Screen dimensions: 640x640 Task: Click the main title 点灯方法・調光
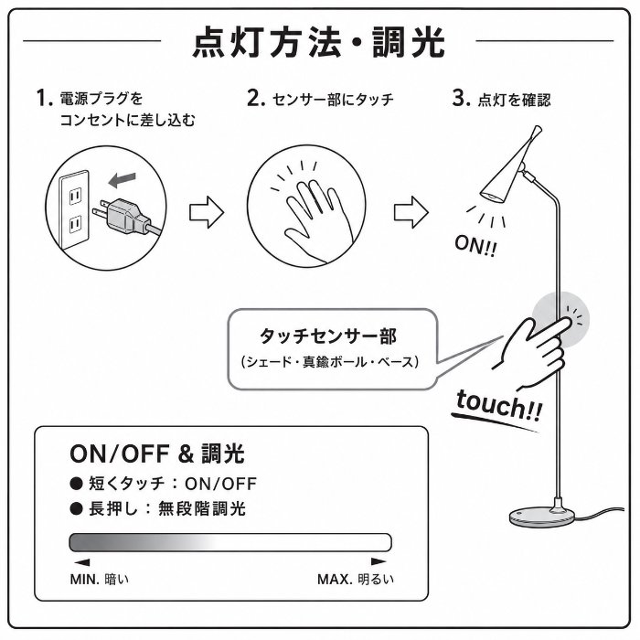(318, 42)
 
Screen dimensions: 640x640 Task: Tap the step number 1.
(45, 98)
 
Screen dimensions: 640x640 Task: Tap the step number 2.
(256, 99)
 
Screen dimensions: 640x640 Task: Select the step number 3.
(461, 99)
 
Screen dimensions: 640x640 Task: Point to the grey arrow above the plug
(122, 179)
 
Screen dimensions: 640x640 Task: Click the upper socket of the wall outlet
(75, 197)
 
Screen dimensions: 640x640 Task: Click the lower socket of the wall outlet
(75, 225)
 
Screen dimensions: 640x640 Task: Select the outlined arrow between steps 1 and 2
(207, 213)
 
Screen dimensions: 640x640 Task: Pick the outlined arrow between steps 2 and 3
(411, 213)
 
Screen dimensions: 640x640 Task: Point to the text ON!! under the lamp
(476, 246)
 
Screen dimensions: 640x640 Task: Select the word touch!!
(499, 406)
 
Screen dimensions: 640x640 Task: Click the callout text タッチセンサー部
(328, 336)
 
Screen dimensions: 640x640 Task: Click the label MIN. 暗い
(99, 579)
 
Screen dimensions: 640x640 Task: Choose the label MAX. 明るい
(356, 579)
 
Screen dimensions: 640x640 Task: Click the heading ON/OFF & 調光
(157, 453)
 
